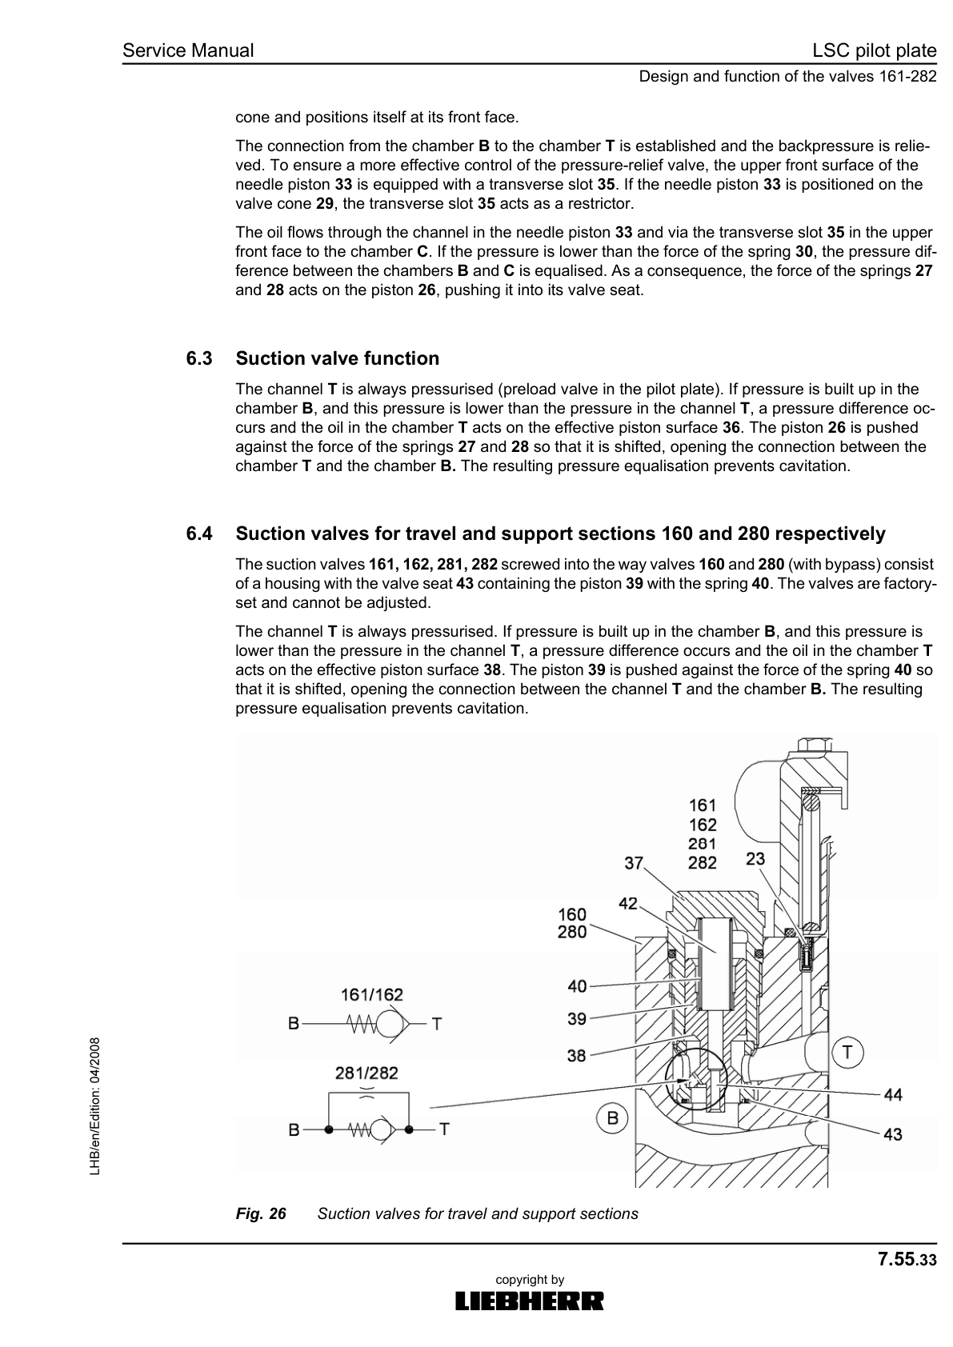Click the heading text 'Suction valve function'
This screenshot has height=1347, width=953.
tap(337, 359)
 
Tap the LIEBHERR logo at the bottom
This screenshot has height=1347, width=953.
tap(530, 1301)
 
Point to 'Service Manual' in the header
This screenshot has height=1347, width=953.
tap(188, 51)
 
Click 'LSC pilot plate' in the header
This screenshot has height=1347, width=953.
tap(874, 51)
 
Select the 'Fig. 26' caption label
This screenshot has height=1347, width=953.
tap(261, 1213)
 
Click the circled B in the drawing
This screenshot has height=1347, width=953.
tap(612, 1117)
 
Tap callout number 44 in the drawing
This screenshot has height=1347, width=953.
tap(893, 1094)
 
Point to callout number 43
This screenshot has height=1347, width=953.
tap(893, 1133)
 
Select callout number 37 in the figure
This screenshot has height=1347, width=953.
tap(635, 863)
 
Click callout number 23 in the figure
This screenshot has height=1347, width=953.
tap(755, 858)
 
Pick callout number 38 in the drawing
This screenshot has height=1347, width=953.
tap(577, 1056)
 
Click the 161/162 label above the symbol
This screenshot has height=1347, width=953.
tap(372, 994)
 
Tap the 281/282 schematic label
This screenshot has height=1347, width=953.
tap(366, 1073)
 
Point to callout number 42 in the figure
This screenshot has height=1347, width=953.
tap(628, 903)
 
